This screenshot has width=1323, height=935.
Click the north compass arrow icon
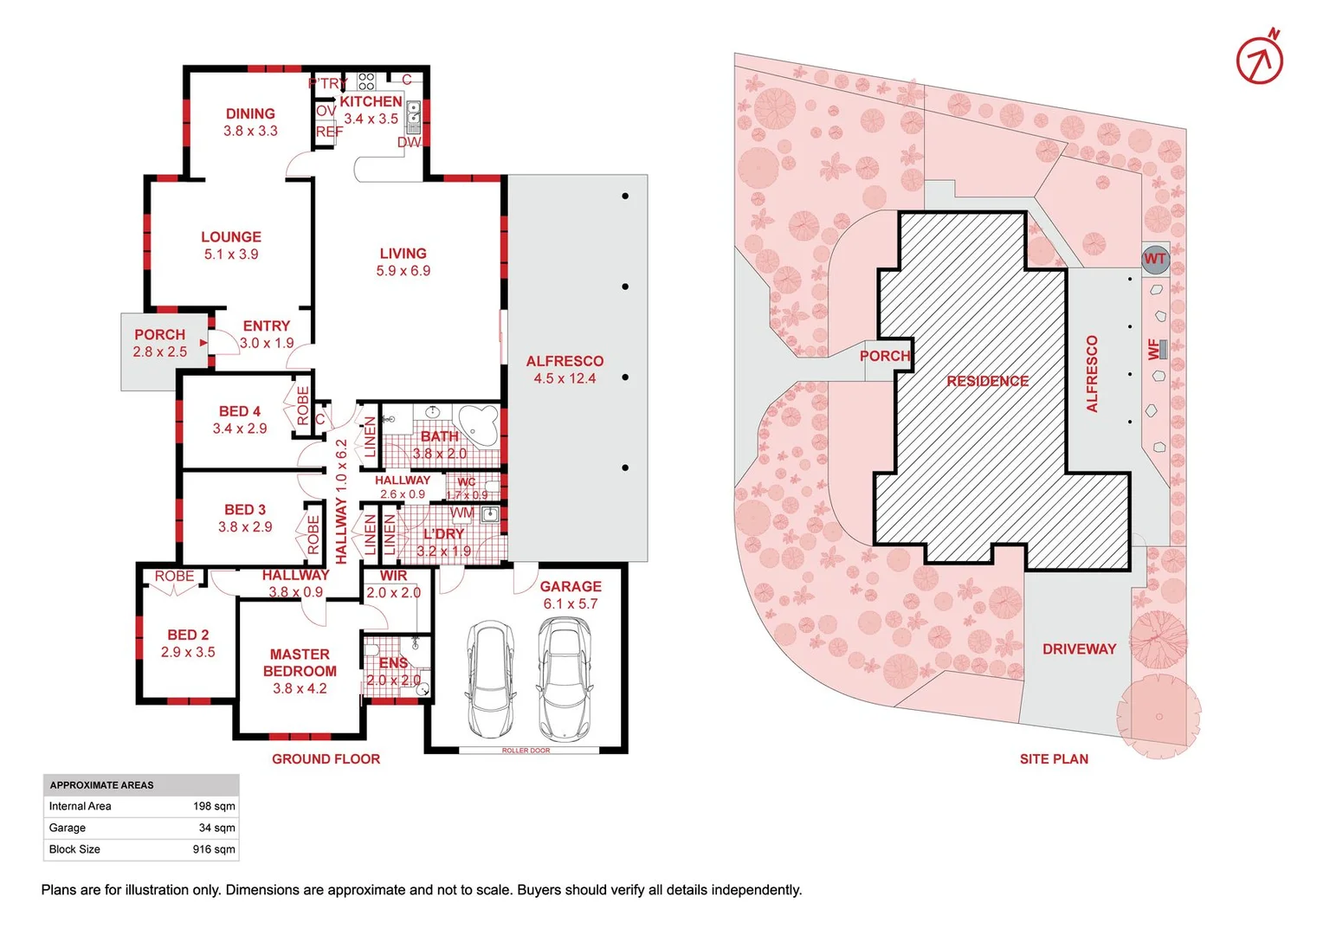(1260, 60)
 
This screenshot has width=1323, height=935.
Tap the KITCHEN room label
(371, 101)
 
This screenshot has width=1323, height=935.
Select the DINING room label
(250, 113)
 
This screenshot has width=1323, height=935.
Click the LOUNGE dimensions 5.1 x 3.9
(231, 255)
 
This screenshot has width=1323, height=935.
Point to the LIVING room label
(403, 254)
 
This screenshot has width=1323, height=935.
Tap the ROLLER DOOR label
(526, 751)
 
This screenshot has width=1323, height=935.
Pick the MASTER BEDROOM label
(300, 662)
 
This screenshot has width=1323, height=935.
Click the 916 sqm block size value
(213, 849)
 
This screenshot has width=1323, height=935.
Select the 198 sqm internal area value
(213, 806)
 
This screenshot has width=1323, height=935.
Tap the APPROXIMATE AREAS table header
(101, 785)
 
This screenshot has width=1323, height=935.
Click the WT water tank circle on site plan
(1155, 259)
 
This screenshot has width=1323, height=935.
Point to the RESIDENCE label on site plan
(987, 381)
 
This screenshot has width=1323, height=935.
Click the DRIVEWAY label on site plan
(1079, 649)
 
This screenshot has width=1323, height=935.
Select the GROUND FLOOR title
(326, 759)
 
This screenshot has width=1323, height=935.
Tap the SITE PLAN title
(1054, 759)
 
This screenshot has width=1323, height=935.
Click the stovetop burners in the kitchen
(366, 81)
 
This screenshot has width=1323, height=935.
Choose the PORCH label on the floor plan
(159, 334)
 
